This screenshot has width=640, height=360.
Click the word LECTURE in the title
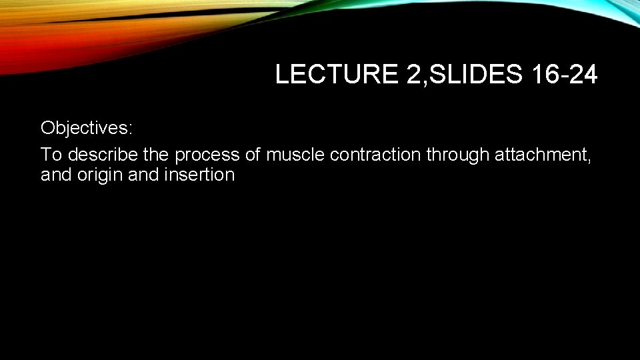335,75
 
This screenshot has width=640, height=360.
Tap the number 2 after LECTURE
410,75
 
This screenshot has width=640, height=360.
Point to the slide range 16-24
565,75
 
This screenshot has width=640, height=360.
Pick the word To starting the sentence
51,155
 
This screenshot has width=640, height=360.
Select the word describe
103,155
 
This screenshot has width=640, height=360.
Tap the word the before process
157,155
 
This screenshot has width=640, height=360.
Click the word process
207,155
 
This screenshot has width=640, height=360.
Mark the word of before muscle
253,155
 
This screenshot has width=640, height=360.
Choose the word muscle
295,155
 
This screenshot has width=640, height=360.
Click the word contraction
375,155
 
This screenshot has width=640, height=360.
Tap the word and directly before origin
55,175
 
